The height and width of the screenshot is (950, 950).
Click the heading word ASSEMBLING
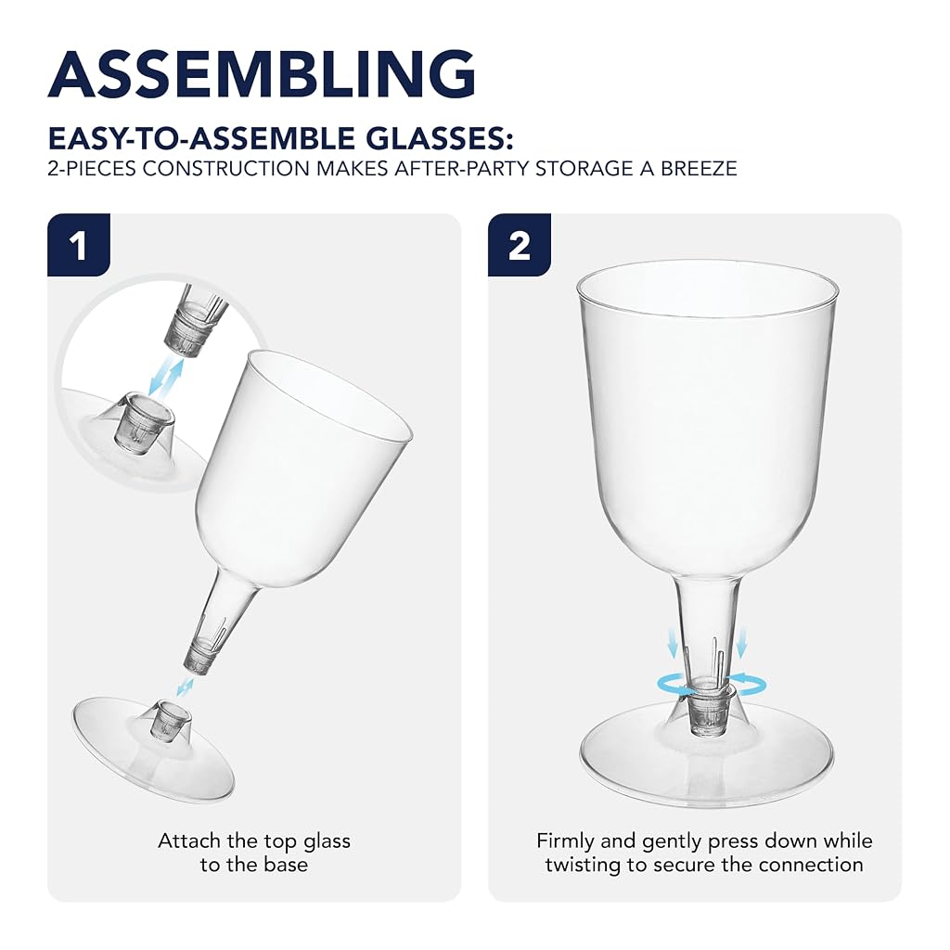262,73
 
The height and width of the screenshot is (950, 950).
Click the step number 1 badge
79,245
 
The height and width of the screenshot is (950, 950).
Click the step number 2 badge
520,245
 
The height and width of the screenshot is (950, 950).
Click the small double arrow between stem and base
185,687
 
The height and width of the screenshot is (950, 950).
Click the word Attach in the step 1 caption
189,841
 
